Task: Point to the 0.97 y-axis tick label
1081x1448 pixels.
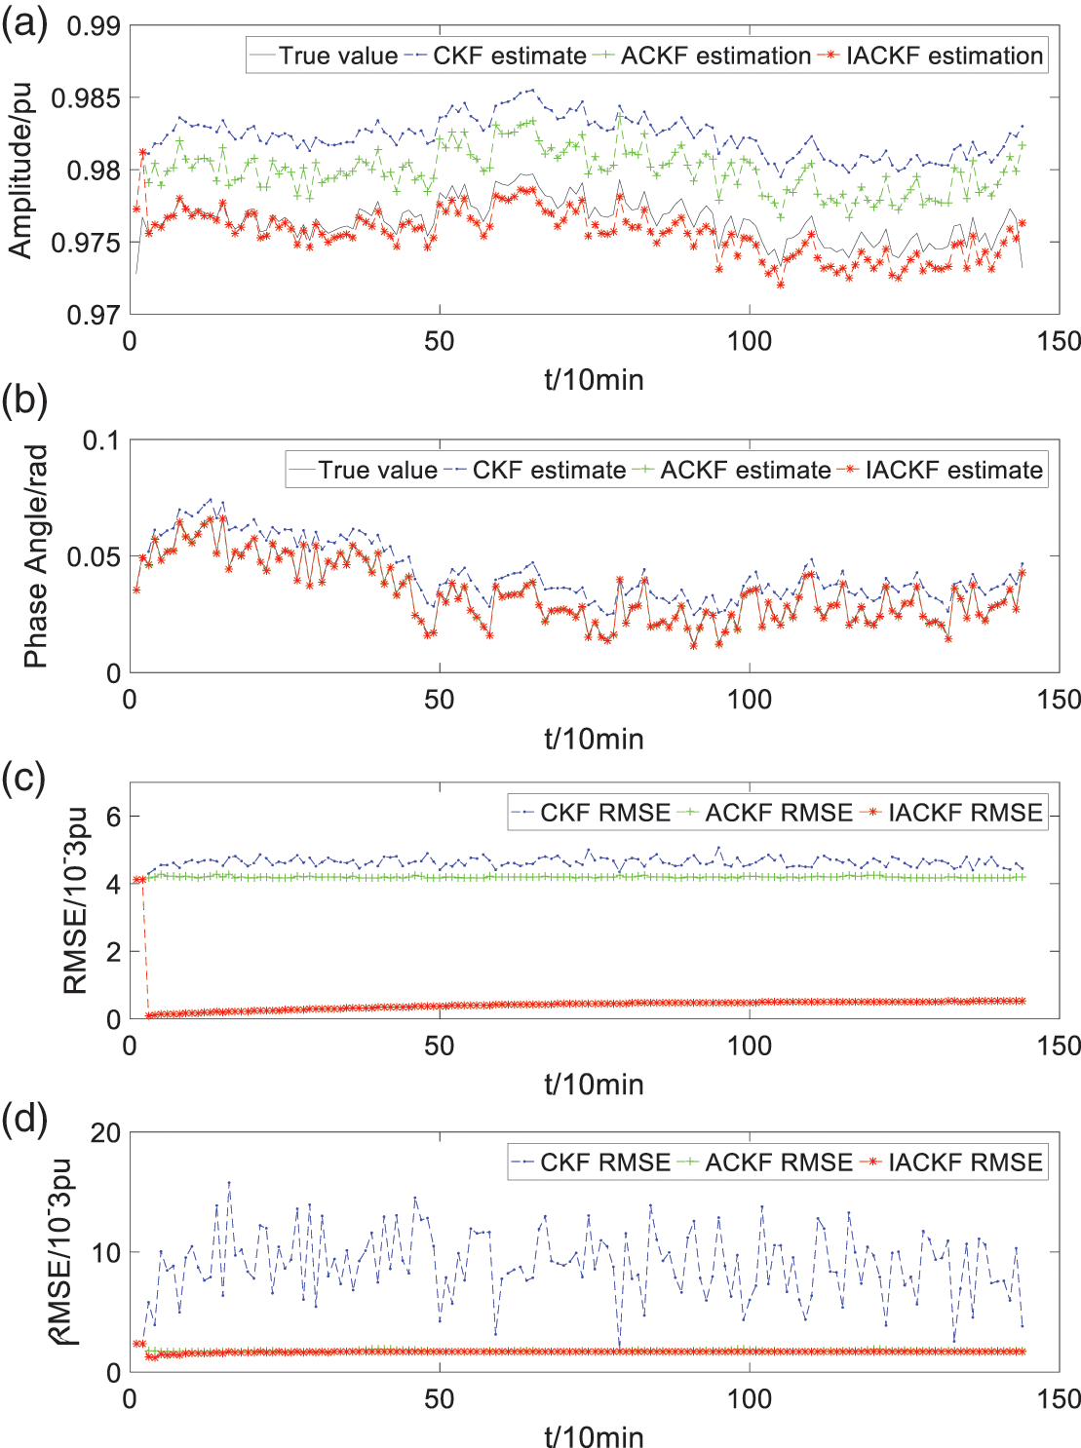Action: pos(94,315)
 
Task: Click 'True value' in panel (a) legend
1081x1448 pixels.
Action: pos(337,56)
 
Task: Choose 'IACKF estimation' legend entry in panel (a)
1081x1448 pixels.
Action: pos(944,56)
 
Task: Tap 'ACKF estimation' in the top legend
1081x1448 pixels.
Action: pos(714,56)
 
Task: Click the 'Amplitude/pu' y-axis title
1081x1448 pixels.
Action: pos(20,171)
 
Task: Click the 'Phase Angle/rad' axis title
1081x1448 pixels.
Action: pos(36,556)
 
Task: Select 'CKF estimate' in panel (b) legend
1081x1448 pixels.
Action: pos(548,470)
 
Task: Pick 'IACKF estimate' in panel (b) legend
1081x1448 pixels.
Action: pos(953,470)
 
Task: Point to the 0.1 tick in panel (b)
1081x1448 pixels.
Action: pos(101,440)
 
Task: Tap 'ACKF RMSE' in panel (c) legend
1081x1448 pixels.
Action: pos(778,813)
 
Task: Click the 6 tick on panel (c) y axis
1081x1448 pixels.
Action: pos(113,817)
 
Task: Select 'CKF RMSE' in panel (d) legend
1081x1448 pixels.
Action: pos(604,1162)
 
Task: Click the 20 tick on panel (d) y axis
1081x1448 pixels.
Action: pos(106,1133)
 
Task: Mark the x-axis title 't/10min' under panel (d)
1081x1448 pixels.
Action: pos(594,1436)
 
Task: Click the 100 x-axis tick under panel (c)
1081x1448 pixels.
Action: pos(749,1046)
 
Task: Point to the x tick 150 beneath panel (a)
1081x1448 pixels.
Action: pos(1059,341)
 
